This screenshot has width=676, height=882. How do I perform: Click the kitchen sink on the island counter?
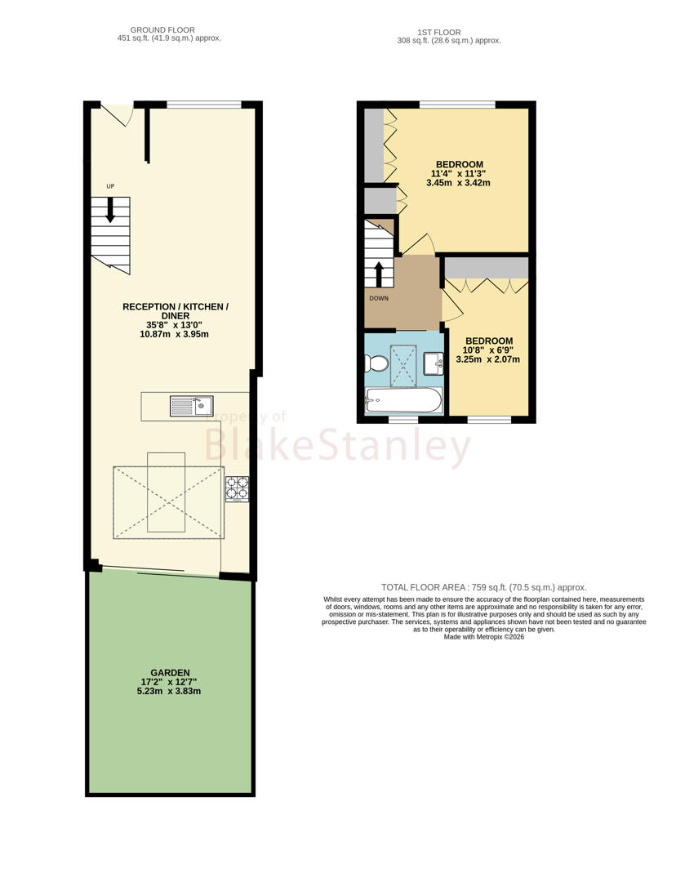[x=192, y=406]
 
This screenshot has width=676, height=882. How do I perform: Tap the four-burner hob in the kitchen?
[x=238, y=489]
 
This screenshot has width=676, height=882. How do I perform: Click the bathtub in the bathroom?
[x=403, y=400]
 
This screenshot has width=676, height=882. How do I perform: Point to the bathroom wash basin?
[x=434, y=363]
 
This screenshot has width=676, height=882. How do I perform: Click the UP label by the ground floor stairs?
[x=110, y=186]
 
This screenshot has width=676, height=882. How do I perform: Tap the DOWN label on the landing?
[x=379, y=298]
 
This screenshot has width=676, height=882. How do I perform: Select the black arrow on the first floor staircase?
[x=379, y=274]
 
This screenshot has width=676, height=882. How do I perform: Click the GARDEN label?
[x=170, y=672]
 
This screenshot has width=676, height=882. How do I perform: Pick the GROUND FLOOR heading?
[x=162, y=30]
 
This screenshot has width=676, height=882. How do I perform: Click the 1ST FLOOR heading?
[x=439, y=33]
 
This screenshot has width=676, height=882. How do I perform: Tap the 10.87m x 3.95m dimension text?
[x=175, y=334]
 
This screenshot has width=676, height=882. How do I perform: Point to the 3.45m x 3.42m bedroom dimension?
[x=458, y=183]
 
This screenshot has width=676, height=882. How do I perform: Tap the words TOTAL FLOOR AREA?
[x=425, y=587]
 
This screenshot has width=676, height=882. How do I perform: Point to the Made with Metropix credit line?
[x=484, y=637]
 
